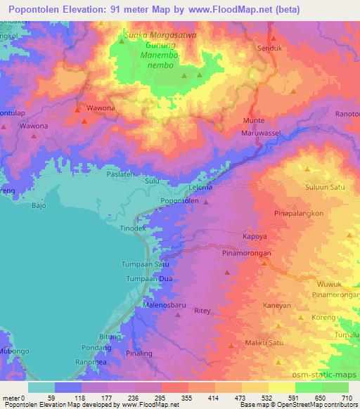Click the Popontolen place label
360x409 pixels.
click(180, 201)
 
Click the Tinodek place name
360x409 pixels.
click(133, 229)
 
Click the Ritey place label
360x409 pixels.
click(202, 310)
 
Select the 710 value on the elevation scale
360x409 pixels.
click(346, 398)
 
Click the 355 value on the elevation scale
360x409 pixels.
click(186, 398)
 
